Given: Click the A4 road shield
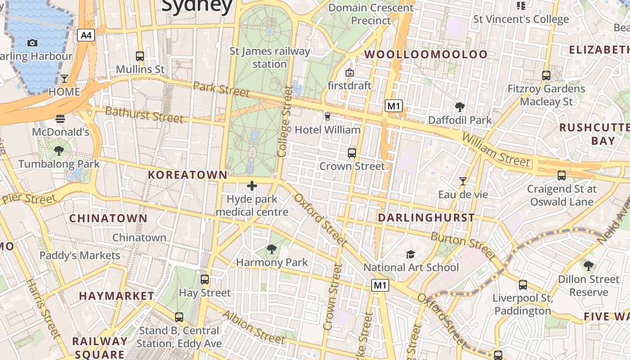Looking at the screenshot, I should click(86, 35).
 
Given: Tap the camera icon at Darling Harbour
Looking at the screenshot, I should click(32, 43).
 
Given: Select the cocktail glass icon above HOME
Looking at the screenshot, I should click(64, 79).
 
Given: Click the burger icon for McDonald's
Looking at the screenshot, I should click(60, 119).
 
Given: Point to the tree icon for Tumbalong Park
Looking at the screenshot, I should click(58, 150).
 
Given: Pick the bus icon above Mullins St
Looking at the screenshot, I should click(140, 56).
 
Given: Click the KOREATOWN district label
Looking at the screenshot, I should click(188, 175).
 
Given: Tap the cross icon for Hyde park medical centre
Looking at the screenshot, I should click(252, 185).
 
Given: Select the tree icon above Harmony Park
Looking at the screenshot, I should click(272, 249).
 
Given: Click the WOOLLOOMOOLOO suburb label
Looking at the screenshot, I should click(426, 54).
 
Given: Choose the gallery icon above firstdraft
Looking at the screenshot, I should click(350, 72).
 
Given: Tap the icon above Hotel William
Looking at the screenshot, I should click(327, 117).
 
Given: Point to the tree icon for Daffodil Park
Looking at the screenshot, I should click(459, 107).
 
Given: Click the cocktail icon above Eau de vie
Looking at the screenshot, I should click(463, 181).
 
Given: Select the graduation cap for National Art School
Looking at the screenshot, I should click(410, 254).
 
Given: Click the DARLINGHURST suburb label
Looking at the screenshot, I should click(426, 218).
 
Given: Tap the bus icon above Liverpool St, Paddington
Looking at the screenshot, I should click(522, 284).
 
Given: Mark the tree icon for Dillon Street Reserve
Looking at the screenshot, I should click(588, 265).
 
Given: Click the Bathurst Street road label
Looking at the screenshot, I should click(144, 114).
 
